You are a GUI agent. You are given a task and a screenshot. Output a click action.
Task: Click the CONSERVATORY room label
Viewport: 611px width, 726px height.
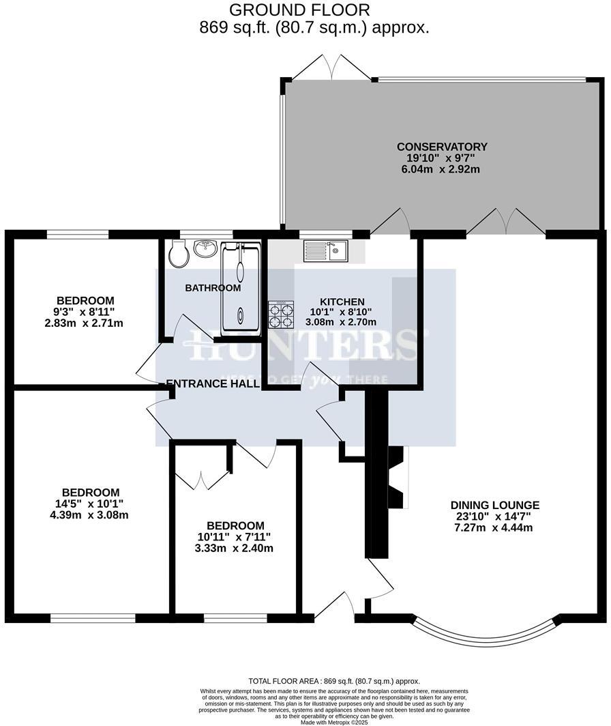[x=442, y=147]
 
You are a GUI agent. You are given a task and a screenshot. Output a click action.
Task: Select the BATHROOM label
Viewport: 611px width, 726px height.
[x=213, y=288]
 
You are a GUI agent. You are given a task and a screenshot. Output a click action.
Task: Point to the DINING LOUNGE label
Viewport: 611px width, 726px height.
[x=494, y=506]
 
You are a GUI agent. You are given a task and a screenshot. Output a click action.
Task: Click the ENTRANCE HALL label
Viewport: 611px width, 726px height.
[x=213, y=383]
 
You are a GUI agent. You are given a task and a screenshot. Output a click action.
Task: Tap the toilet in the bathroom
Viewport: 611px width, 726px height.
[x=179, y=254]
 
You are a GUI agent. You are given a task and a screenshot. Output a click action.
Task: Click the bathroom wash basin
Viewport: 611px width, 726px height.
[x=205, y=249]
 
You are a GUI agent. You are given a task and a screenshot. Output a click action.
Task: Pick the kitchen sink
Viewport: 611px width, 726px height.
[x=327, y=251]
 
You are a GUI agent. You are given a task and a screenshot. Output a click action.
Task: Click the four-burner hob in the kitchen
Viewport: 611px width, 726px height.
[x=281, y=316]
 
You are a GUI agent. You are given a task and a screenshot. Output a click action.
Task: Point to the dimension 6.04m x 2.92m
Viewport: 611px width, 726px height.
[x=442, y=169]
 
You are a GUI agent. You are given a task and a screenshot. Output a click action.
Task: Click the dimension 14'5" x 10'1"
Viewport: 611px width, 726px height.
[x=91, y=504]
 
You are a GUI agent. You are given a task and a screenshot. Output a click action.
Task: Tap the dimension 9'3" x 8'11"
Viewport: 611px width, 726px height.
[x=85, y=312]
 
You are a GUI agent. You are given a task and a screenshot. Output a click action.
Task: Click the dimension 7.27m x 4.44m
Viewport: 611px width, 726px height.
[x=494, y=527]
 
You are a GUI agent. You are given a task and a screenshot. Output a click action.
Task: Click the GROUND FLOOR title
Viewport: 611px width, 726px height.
[x=299, y=10]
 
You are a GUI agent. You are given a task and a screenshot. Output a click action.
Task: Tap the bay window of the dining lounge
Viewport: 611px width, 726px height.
[x=486, y=627]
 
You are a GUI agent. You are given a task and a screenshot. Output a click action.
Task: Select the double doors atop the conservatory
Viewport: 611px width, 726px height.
[x=331, y=68]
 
